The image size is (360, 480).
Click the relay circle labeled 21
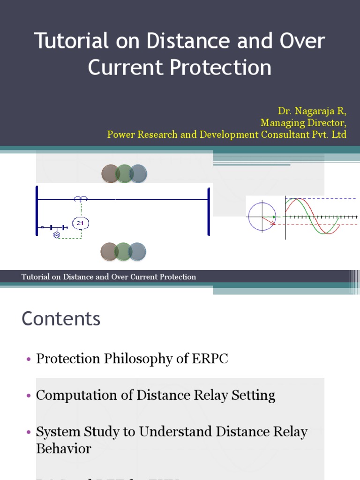click(x=80, y=223)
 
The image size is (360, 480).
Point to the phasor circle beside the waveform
click(x=262, y=217)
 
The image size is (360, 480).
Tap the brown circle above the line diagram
click(x=111, y=174)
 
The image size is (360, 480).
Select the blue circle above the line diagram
click(x=138, y=174)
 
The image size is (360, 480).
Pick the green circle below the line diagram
click(x=124, y=252)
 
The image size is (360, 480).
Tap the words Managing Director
click(x=303, y=123)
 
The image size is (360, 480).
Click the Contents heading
click(x=61, y=319)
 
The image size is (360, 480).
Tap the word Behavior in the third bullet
click(x=63, y=449)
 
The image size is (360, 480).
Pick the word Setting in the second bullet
click(x=255, y=395)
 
